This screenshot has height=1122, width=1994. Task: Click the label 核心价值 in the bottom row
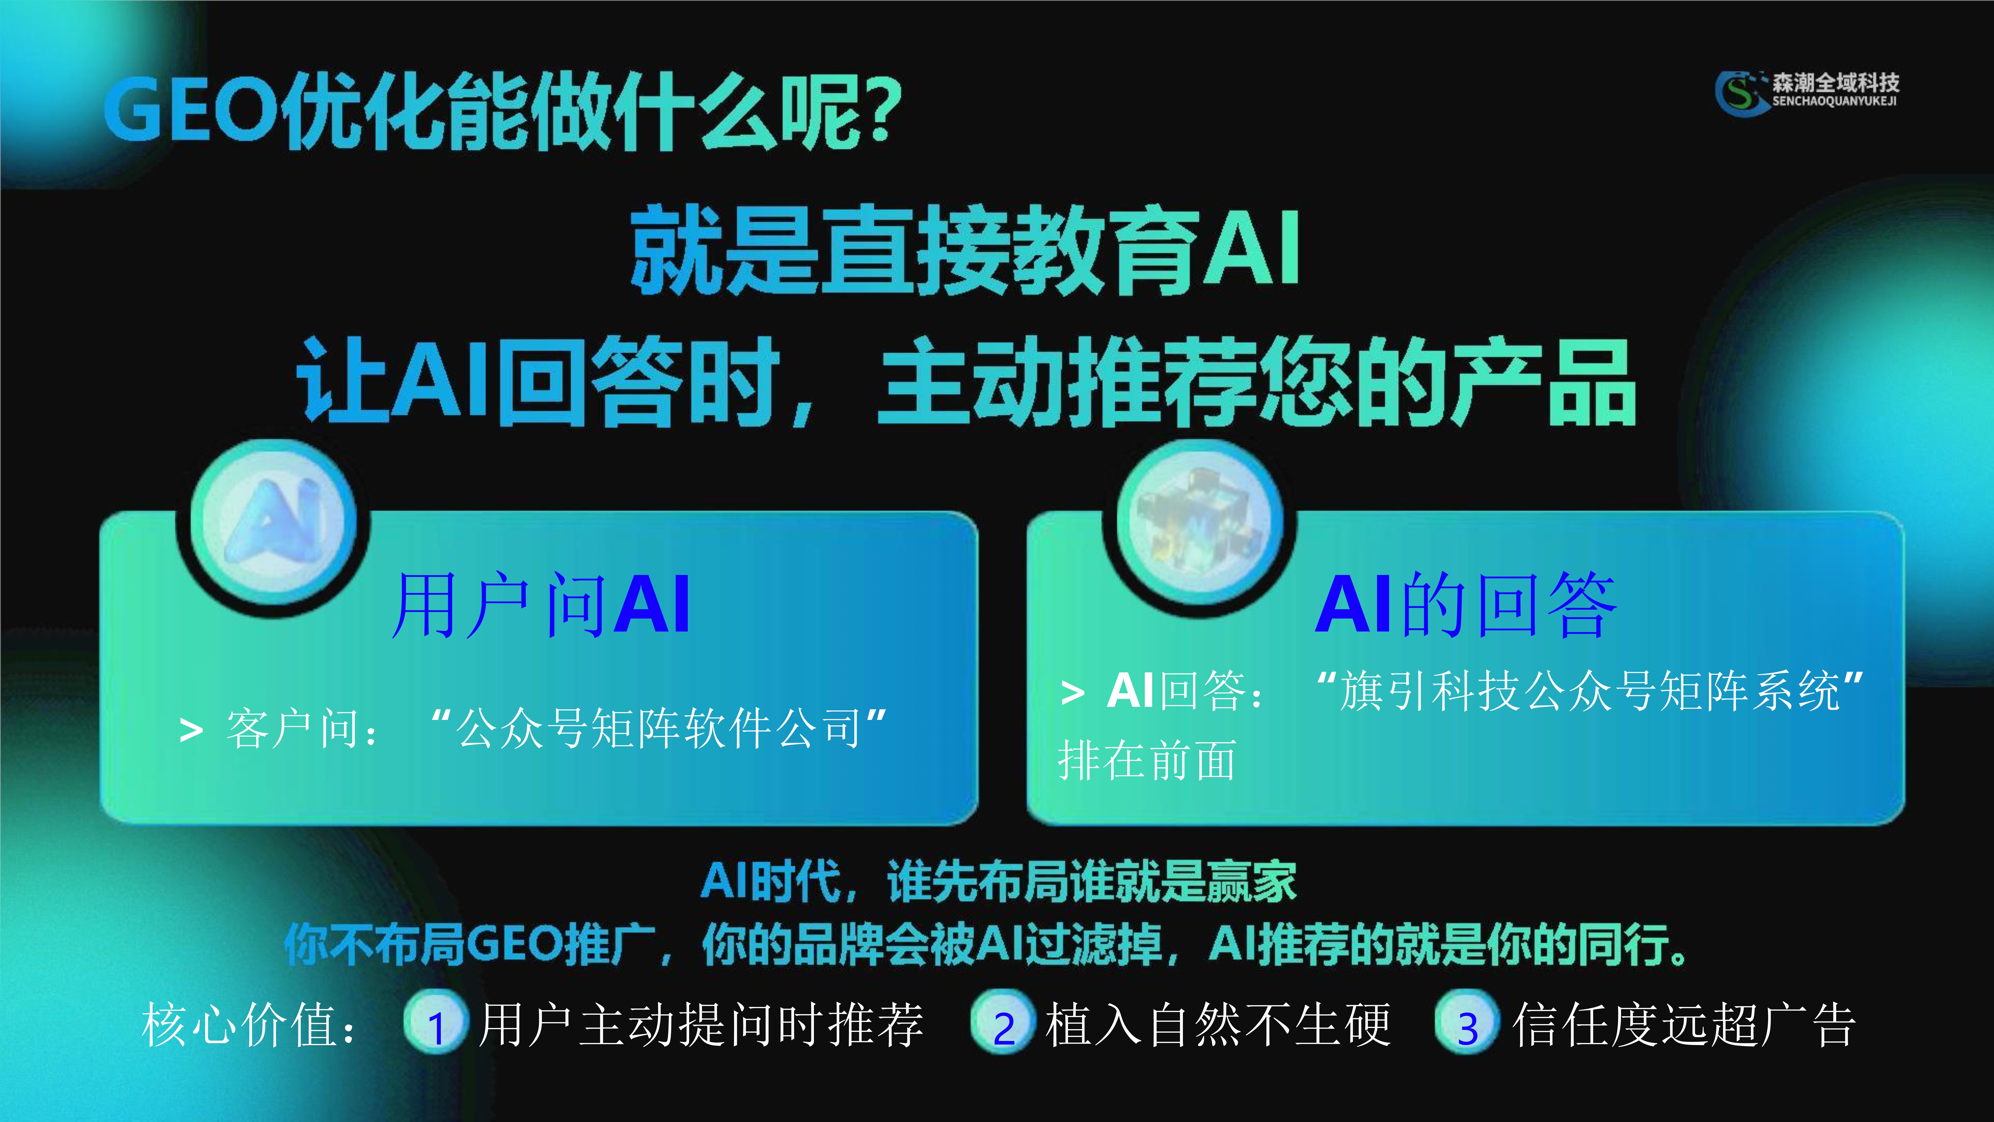pyautogui.click(x=240, y=1025)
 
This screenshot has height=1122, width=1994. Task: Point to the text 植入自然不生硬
pyautogui.click(x=1218, y=1025)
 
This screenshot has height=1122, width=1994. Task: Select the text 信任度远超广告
pyautogui.click(x=1683, y=1025)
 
